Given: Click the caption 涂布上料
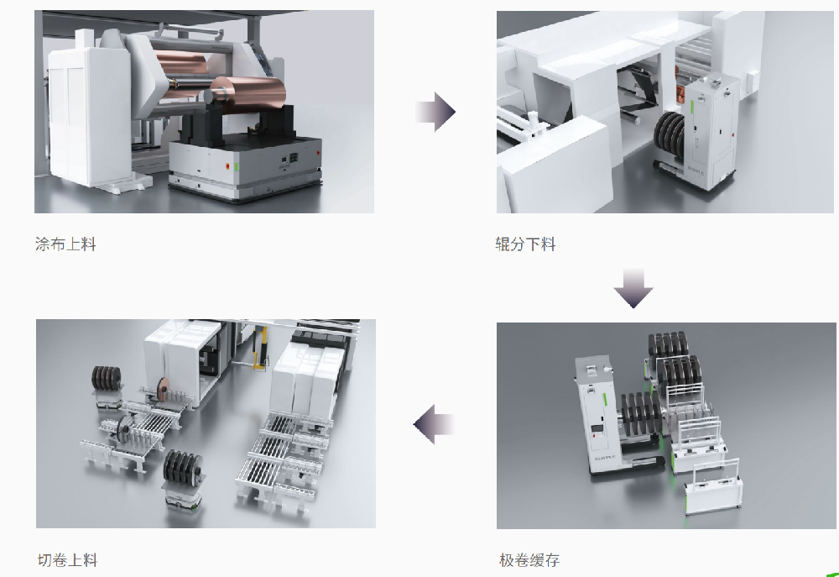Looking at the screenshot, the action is tap(65, 244).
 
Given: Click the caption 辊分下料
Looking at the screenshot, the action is tap(525, 244).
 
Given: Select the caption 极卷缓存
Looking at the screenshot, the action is tap(529, 560).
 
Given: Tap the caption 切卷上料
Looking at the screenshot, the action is tap(67, 560).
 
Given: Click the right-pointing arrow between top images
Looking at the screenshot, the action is tap(435, 112).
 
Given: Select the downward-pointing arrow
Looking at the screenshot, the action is tap(633, 288).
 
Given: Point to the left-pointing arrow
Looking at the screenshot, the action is tap(434, 424).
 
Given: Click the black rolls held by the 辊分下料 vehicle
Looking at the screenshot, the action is tap(671, 135).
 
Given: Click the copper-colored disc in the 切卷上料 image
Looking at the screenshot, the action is tap(162, 386).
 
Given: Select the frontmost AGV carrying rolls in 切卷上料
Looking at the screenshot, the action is tap(183, 479).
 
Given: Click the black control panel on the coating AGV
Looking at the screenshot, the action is tap(293, 158).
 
